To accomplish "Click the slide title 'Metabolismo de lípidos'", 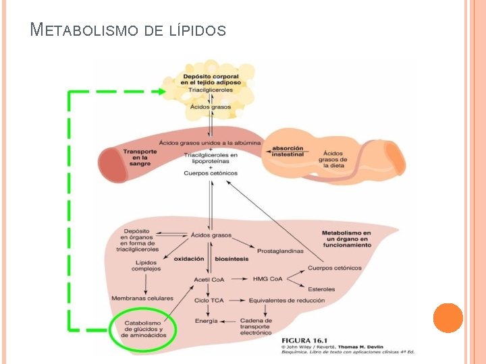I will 128,30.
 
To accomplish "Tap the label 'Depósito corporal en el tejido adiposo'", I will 211,79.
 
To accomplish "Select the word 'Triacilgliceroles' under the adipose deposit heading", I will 211,90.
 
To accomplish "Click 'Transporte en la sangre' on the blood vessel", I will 140,157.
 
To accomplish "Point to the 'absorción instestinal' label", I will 288,151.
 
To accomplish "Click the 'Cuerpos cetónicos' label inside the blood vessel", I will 211,173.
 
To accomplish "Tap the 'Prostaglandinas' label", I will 280,251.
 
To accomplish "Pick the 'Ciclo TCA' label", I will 210,300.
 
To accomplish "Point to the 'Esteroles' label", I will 321,289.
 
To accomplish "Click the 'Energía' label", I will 207,321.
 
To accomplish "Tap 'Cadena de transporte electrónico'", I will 255,326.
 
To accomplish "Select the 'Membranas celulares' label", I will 142,298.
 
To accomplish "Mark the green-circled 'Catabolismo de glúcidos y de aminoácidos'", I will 142,330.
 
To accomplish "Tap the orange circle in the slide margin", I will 448,317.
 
